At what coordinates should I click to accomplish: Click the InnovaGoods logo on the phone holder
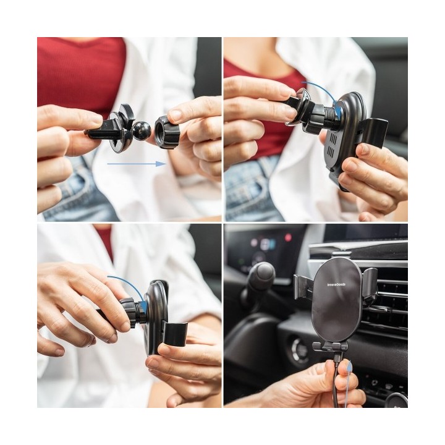(x=336, y=285)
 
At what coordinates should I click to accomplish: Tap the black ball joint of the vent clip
(x=141, y=130)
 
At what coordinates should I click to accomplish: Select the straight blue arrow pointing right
(x=136, y=164)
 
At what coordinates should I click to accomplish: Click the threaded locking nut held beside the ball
(x=167, y=132)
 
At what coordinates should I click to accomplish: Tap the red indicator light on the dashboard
(x=287, y=237)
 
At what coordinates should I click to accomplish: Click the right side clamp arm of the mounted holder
(x=370, y=284)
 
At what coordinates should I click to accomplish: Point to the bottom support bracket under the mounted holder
(x=330, y=347)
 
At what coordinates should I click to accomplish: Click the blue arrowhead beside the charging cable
(x=349, y=367)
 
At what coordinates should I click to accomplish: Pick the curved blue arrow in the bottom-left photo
(x=127, y=284)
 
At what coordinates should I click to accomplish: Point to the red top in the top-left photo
(x=80, y=68)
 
